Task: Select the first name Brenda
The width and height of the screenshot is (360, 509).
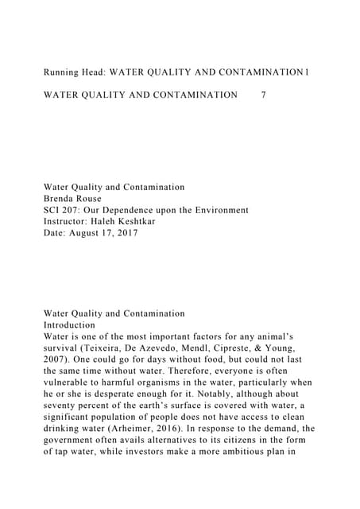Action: point(64,199)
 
